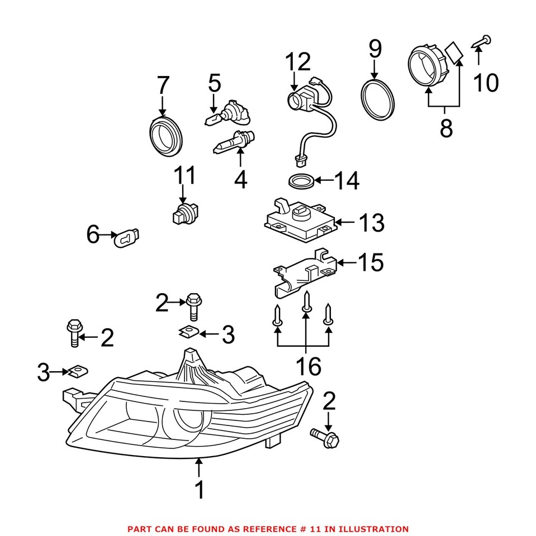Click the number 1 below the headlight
199,490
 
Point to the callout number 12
297,63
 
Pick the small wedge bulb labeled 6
128,238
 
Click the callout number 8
445,128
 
